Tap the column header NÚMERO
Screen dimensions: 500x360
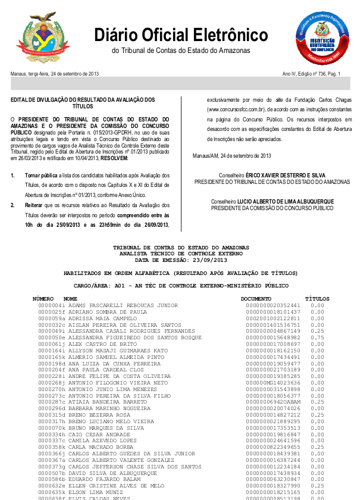(43, 298)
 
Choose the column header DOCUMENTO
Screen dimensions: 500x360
(256, 298)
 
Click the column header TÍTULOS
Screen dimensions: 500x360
(317, 298)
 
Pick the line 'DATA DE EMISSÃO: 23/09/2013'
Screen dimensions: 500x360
(181, 260)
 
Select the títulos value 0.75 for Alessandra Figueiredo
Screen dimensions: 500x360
(317, 337)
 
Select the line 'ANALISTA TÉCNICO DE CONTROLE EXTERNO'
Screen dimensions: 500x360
(181, 254)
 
